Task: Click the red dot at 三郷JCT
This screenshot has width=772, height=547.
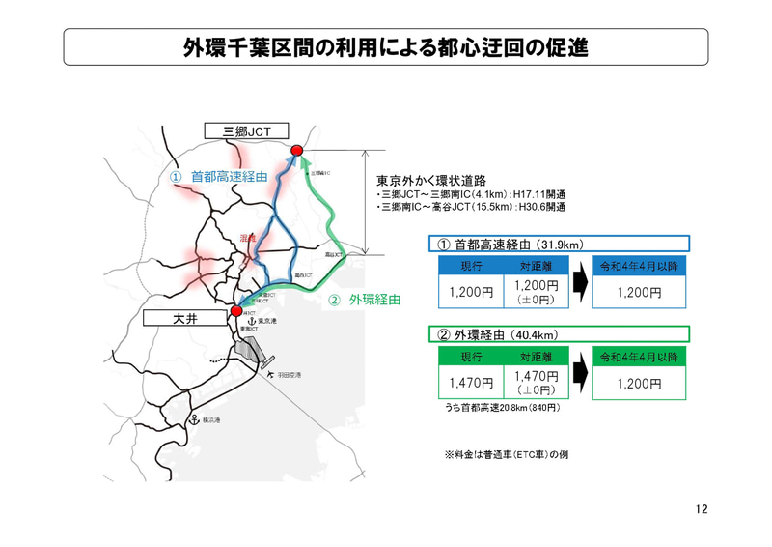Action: tap(297, 150)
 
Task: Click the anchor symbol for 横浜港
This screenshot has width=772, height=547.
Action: tap(194, 419)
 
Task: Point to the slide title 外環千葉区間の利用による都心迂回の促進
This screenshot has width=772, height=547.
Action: tap(386, 46)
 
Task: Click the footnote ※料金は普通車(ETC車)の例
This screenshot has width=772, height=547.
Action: tap(506, 453)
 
